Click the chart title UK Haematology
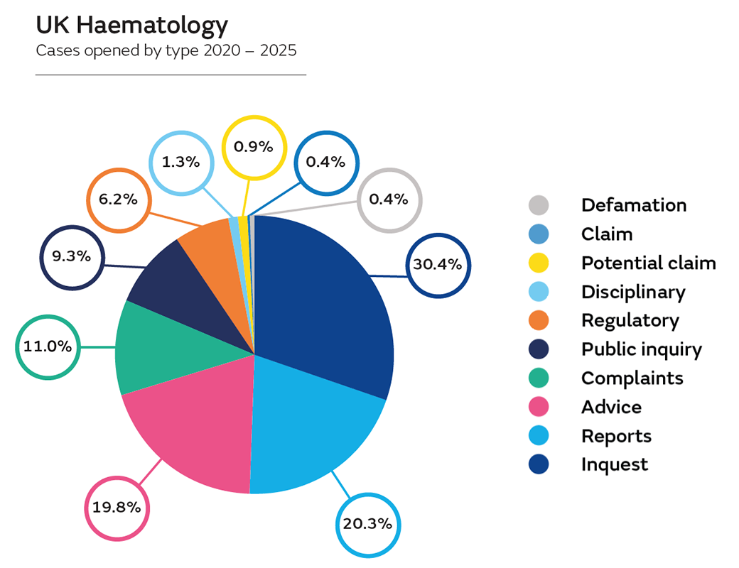point(132,26)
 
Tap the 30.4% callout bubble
point(438,265)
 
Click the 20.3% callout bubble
point(367,524)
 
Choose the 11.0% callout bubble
point(47,347)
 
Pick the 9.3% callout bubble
point(71,256)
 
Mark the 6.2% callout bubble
point(118,200)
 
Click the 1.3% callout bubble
point(180,162)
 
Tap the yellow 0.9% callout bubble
point(254,147)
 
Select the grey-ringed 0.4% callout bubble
point(389,200)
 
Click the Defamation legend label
point(634,205)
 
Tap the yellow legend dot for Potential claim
point(539,263)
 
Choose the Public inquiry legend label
point(641,349)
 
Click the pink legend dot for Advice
point(539,407)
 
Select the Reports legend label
point(616,436)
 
